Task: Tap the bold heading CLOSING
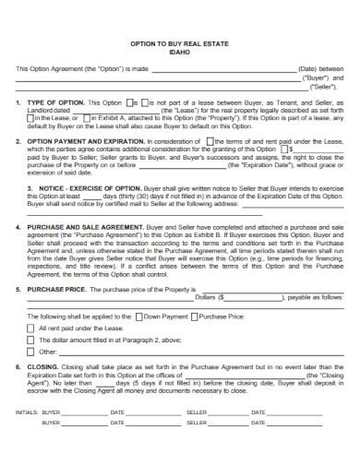pyautogui.click(x=42, y=366)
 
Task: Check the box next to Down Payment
pyautogui.click(x=139, y=316)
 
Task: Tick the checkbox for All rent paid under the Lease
pyautogui.click(x=31, y=328)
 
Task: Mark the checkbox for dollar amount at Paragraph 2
pyautogui.click(x=31, y=340)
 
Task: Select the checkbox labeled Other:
pyautogui.click(x=31, y=352)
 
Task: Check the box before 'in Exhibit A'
pyautogui.click(x=87, y=118)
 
